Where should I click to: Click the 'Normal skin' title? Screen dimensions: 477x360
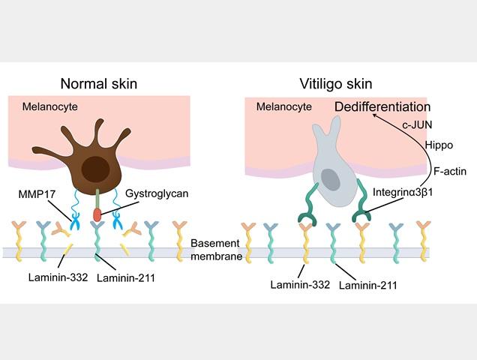99,84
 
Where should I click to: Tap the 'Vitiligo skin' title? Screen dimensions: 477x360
336,84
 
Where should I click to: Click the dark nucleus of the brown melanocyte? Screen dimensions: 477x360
95,169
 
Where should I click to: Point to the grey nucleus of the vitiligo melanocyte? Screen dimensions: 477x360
331,179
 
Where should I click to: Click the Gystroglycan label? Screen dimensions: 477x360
157,193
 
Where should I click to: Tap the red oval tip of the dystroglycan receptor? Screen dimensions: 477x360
97,214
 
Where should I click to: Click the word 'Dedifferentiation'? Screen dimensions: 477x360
382,106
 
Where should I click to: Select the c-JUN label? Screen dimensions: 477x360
417,124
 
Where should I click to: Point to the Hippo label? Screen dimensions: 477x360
439,145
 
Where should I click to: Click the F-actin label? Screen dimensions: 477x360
450,171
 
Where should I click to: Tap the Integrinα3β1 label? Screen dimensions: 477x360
403,192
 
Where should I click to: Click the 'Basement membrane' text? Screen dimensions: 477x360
216,250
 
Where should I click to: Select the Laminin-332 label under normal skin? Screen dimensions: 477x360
58,277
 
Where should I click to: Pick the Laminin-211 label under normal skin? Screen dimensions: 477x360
126,277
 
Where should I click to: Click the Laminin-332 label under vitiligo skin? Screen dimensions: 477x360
300,284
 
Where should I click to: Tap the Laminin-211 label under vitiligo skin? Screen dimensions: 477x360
368,285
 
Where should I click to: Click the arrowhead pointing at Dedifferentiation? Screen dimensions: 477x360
375,115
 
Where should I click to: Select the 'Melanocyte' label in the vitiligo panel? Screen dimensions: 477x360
284,106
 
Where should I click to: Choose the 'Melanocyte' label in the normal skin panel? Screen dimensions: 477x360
50,106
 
